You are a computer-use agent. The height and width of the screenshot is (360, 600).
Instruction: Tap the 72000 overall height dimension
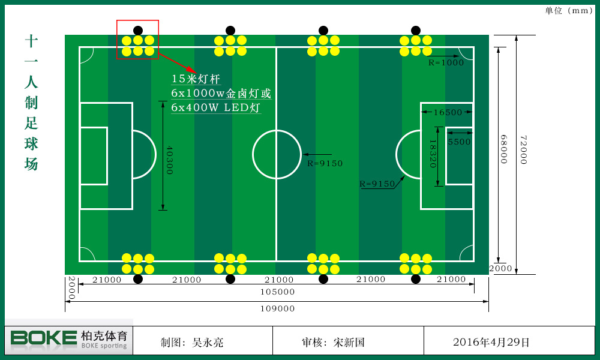coord(523,150)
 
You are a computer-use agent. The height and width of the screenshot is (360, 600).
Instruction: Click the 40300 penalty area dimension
coord(169,160)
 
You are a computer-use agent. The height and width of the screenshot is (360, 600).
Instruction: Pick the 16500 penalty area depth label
coord(448,112)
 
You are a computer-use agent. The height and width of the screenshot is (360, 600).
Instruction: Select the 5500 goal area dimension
coord(459,142)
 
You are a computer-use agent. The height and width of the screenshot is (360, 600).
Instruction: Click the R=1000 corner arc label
coord(446,62)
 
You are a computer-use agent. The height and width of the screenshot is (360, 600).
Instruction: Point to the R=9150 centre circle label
coord(325,163)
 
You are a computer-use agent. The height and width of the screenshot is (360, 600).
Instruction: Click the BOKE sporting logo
coord(69,340)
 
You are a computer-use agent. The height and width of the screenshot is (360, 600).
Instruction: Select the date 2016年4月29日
coord(491,343)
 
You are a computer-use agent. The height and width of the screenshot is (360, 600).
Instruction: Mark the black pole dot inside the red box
coord(138,30)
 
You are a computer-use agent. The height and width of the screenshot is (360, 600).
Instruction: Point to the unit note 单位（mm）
coord(569,10)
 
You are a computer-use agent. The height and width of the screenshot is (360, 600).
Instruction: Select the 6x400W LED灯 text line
coord(215,108)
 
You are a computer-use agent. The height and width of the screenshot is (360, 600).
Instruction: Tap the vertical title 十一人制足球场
coord(31,102)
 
